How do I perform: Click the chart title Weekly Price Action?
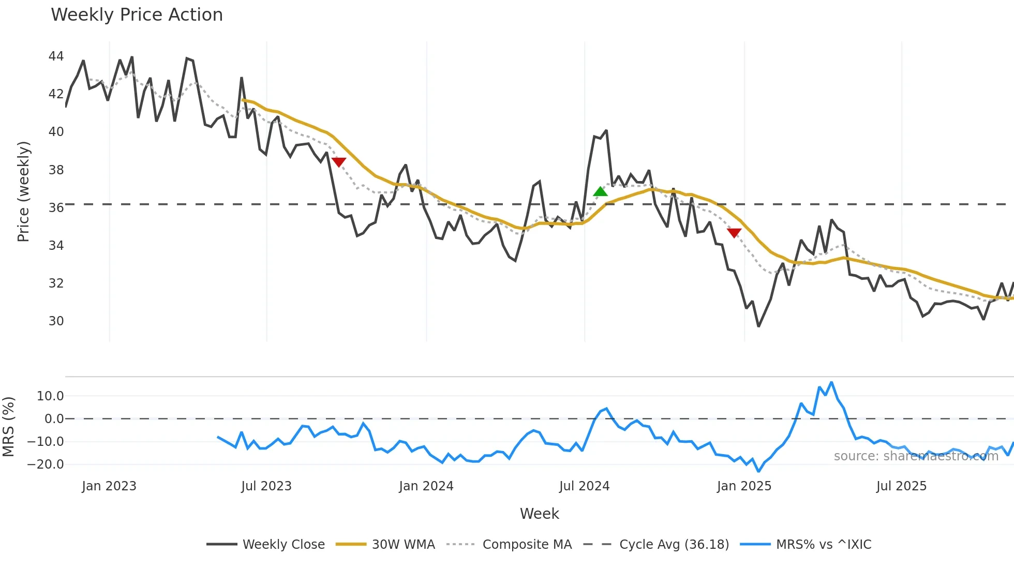coord(137,15)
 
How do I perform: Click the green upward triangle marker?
coord(600,192)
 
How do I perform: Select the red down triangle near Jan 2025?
coord(734,233)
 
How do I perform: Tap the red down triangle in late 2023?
coord(339,162)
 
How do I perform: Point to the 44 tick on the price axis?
coord(56,56)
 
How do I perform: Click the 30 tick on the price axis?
coord(56,321)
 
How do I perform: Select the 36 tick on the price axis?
coord(56,207)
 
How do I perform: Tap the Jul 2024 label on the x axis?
coord(584,486)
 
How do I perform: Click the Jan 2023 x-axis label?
coord(109,486)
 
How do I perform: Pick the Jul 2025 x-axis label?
coord(901,486)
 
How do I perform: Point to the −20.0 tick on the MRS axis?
coord(46,464)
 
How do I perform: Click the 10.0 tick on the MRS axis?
coord(50,396)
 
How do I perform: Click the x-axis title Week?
coord(539,514)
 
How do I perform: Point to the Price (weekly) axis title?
coord(24,192)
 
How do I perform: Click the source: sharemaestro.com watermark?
coord(916,456)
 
